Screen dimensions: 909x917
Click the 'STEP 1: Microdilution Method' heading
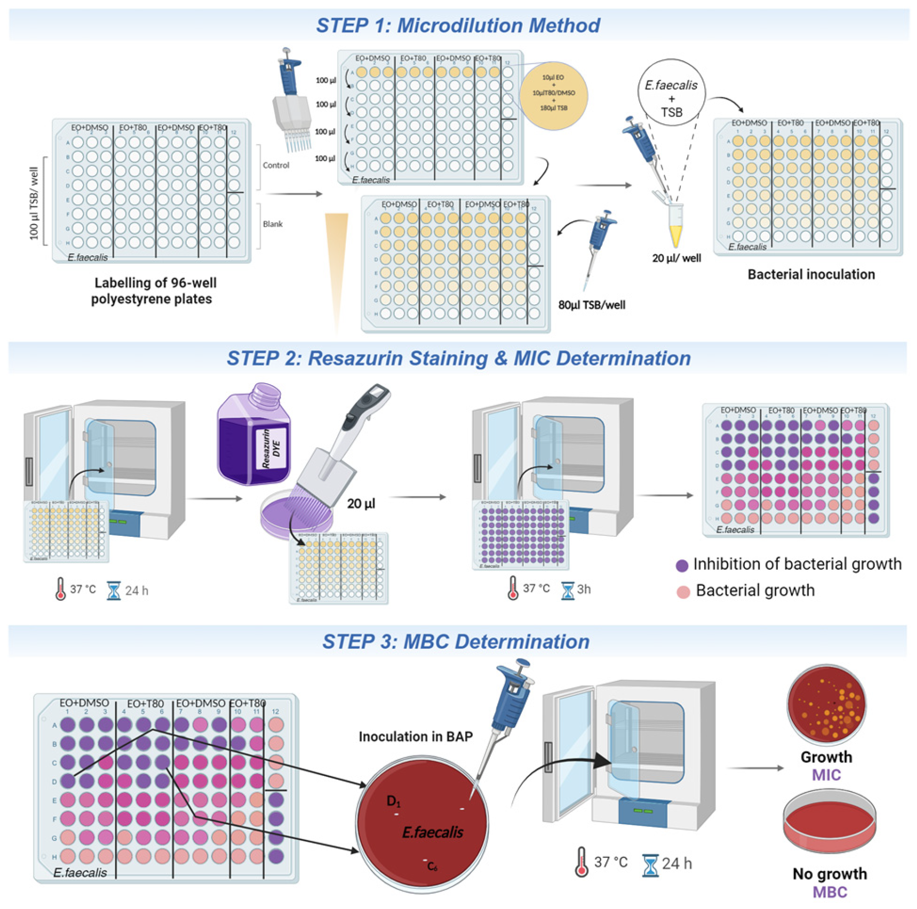pyautogui.click(x=458, y=26)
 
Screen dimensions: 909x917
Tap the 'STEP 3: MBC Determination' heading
pyautogui.click(x=456, y=642)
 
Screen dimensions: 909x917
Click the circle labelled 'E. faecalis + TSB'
pyautogui.click(x=671, y=93)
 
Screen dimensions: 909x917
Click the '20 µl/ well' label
pyautogui.click(x=676, y=258)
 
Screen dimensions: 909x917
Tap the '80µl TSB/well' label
pyautogui.click(x=592, y=305)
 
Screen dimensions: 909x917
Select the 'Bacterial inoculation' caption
pyautogui.click(x=811, y=274)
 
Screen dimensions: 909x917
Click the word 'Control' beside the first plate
pyautogui.click(x=276, y=165)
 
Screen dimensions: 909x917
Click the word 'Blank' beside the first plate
pyautogui.click(x=273, y=224)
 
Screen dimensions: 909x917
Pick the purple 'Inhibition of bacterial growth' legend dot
pyautogui.click(x=681, y=566)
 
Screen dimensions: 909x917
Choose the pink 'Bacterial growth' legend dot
pyautogui.click(x=683, y=592)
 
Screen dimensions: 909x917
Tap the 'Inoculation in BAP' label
pyautogui.click(x=416, y=736)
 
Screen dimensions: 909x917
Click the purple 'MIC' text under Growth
pyautogui.click(x=826, y=775)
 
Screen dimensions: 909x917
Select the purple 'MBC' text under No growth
pyautogui.click(x=830, y=892)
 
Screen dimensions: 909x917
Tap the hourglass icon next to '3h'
pyautogui.click(x=568, y=590)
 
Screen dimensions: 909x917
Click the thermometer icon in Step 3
pyautogui.click(x=581, y=861)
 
